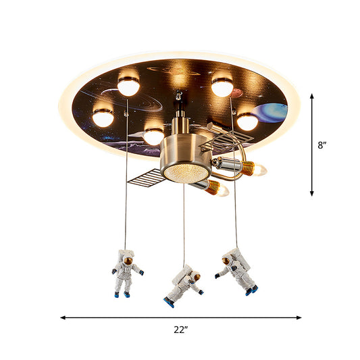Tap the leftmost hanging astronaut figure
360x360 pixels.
[x=126, y=274]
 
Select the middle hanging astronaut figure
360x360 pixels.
[x=184, y=285]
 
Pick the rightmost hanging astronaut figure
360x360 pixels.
[x=238, y=272]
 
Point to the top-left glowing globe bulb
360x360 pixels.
[x=128, y=85]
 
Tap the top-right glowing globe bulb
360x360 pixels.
[x=222, y=86]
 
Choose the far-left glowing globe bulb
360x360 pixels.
[x=103, y=118]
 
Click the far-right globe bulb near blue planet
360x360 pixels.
[x=247, y=121]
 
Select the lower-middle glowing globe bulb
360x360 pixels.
[x=153, y=136]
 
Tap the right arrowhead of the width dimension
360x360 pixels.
[x=299, y=316]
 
